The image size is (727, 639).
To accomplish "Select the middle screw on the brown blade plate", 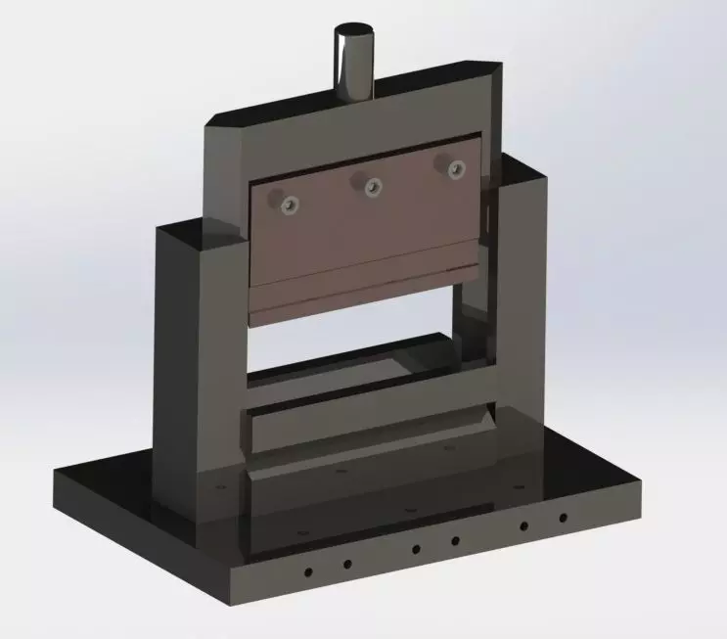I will pyautogui.click(x=371, y=185).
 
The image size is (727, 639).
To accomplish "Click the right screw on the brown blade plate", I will pyautogui.click(x=455, y=168).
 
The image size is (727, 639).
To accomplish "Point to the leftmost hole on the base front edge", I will pyautogui.click(x=307, y=571).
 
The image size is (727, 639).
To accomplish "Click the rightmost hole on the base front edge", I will pyautogui.click(x=563, y=518).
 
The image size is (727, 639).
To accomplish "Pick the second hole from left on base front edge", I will pyautogui.click(x=346, y=564).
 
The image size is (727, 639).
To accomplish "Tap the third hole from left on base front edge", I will pyautogui.click(x=416, y=549).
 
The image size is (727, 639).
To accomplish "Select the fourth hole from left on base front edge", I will pyautogui.click(x=455, y=540).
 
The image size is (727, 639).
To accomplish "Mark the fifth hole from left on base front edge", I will pyautogui.click(x=523, y=525).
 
